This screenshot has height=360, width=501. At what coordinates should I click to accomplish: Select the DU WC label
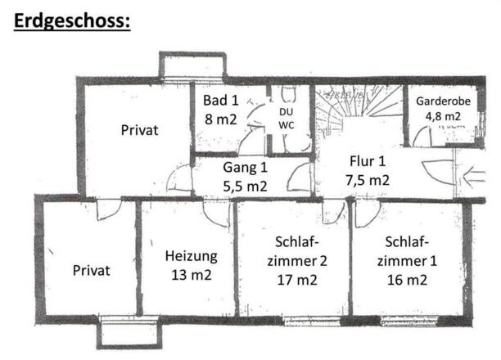(x=287, y=117)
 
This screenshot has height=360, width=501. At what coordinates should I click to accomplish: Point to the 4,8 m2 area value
(x=443, y=116)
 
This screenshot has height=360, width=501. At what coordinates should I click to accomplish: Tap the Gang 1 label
(x=246, y=168)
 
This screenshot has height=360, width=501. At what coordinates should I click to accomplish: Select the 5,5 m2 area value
(x=246, y=185)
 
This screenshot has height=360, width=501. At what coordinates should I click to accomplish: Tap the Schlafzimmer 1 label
(x=407, y=253)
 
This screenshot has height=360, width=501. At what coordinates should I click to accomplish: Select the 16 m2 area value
(x=407, y=281)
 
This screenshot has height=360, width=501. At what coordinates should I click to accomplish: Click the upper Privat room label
(x=138, y=129)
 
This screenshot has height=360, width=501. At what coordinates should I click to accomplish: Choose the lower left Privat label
(x=90, y=270)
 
